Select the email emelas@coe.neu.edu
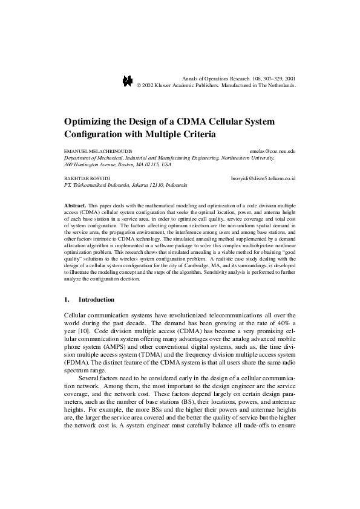click(272, 150)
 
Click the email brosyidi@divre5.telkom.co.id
click(263, 179)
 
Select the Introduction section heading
click(96, 299)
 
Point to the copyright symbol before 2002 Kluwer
click(139, 86)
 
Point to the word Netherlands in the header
click(277, 86)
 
